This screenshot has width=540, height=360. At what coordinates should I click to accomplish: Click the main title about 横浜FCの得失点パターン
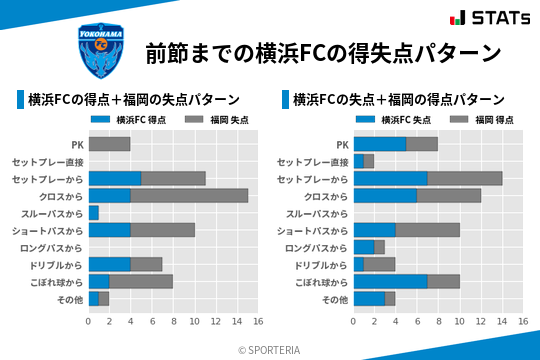322,52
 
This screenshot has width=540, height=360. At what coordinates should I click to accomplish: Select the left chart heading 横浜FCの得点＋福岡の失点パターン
133,99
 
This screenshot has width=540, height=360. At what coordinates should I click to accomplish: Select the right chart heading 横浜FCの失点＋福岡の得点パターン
398,99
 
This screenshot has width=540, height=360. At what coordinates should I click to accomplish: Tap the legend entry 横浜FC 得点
128,119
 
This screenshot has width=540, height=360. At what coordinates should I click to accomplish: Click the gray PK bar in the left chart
109,144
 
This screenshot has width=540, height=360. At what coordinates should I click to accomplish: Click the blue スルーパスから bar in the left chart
94,213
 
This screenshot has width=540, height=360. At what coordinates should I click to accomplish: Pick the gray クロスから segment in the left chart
189,196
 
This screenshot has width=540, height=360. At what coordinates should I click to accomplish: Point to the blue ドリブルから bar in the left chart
109,264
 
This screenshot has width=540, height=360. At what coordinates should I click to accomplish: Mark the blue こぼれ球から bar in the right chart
390,281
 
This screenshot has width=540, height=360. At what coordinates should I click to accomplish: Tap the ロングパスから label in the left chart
54,247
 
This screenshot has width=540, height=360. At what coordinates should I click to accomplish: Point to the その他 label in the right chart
335,299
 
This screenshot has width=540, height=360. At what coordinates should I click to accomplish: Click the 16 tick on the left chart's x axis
257,321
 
